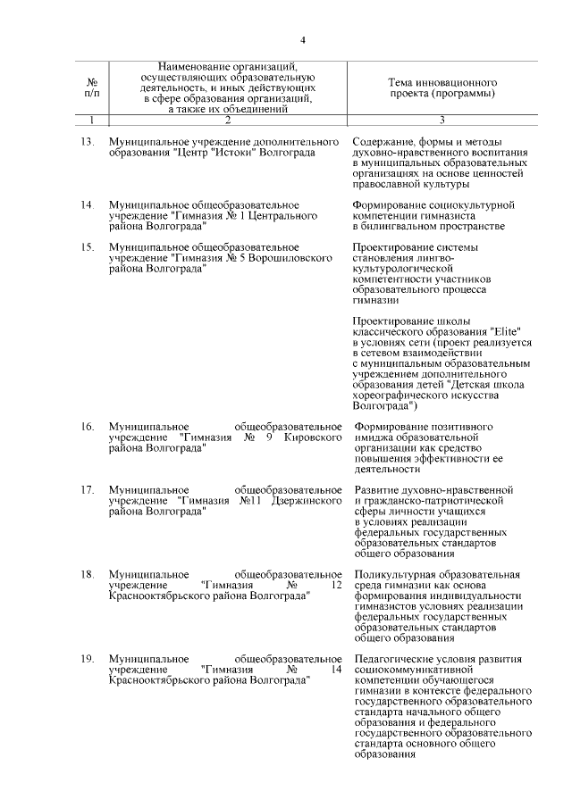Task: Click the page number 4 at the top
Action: (x=303, y=40)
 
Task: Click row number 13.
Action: (x=88, y=142)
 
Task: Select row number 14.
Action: (x=88, y=204)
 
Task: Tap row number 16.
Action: (x=88, y=427)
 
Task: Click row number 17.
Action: (x=88, y=490)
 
